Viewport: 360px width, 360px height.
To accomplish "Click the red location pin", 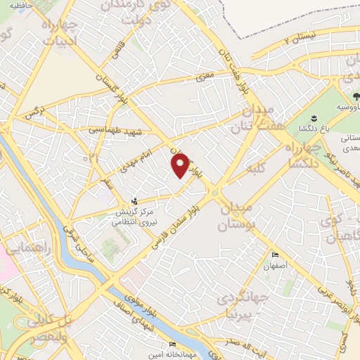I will click(x=181, y=165).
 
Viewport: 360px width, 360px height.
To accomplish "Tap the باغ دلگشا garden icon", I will click(x=314, y=117).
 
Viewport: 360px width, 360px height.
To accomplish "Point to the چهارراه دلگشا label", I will click(x=302, y=153).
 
